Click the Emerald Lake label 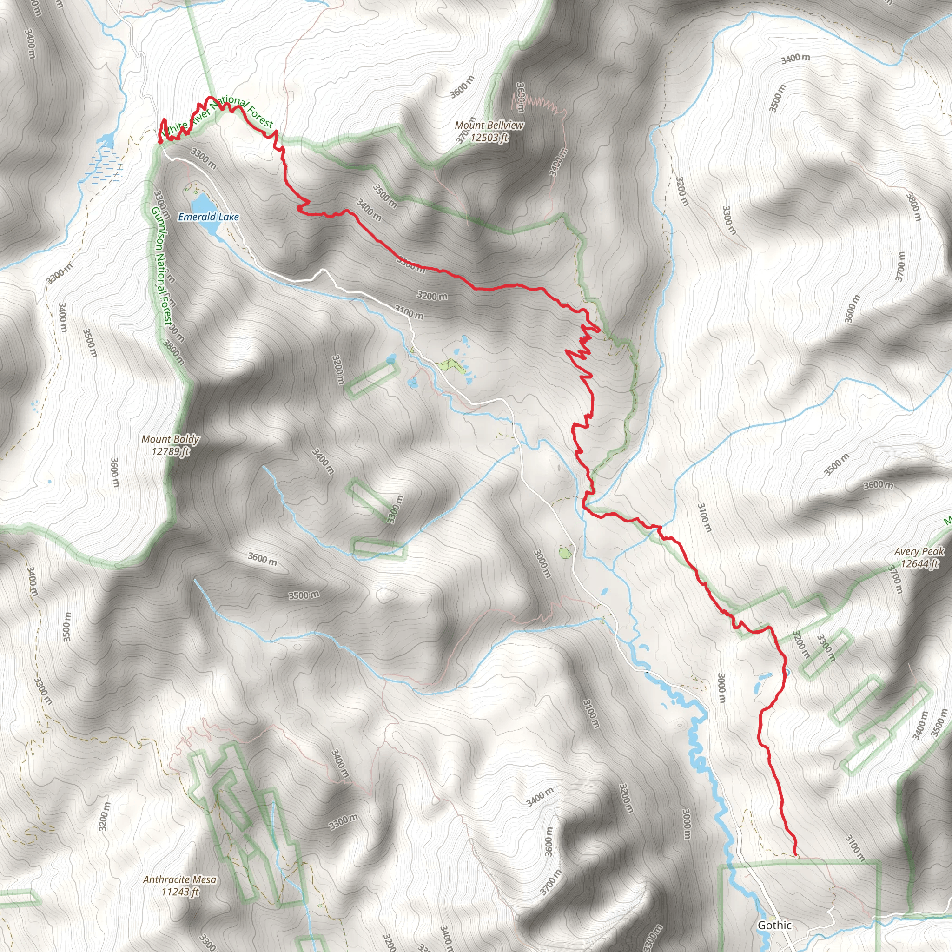pos(208,217)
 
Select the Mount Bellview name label pos(489,126)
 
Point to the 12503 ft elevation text pos(489,138)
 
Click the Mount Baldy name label pos(171,439)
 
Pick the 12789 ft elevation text pos(171,451)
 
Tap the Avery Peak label pos(919,551)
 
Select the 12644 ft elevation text pos(919,563)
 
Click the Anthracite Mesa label pos(180,893)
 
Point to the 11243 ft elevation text pos(180,905)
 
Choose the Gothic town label pos(774,925)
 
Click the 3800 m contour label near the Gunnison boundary pos(174,353)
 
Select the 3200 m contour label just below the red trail pos(432,296)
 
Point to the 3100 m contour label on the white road pos(409,312)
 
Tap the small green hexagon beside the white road pos(565,552)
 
